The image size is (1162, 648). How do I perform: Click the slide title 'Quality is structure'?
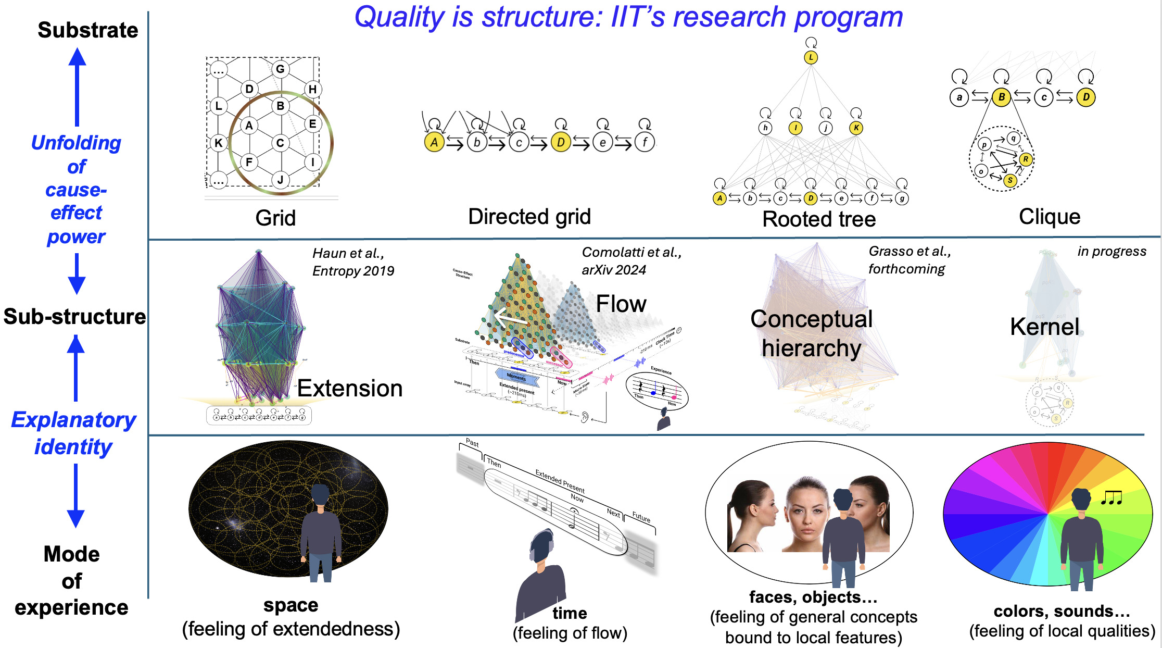click(x=628, y=17)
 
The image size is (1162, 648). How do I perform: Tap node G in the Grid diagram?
click(x=280, y=69)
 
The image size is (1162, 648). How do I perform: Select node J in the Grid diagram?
click(x=280, y=180)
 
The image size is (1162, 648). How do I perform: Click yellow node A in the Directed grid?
click(x=434, y=142)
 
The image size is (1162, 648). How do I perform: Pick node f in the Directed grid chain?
click(x=645, y=142)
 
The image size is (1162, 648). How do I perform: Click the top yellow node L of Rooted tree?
click(x=811, y=57)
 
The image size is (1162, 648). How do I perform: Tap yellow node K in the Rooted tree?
click(x=856, y=128)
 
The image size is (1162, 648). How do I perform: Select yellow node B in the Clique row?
click(x=1001, y=97)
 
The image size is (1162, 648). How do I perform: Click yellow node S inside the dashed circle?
click(x=1010, y=180)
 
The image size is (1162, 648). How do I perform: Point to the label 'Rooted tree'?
click(x=819, y=219)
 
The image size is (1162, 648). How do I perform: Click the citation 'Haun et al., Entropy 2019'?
click(x=352, y=262)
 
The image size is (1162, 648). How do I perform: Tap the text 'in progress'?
click(x=1112, y=252)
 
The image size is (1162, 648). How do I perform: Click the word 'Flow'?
click(x=621, y=304)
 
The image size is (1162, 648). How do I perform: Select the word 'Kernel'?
click(x=1044, y=327)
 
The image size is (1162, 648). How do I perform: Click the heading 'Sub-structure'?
click(x=74, y=317)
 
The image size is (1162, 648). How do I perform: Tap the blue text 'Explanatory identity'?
click(x=73, y=433)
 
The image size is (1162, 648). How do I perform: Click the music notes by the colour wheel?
click(x=1112, y=498)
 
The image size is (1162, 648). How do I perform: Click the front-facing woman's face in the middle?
click(x=805, y=513)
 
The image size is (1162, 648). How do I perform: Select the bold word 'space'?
click(x=290, y=605)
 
